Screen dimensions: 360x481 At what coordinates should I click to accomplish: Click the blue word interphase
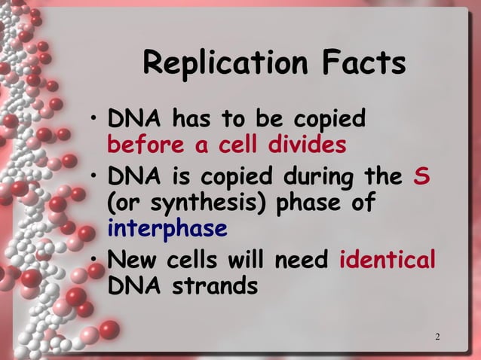click(x=167, y=227)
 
